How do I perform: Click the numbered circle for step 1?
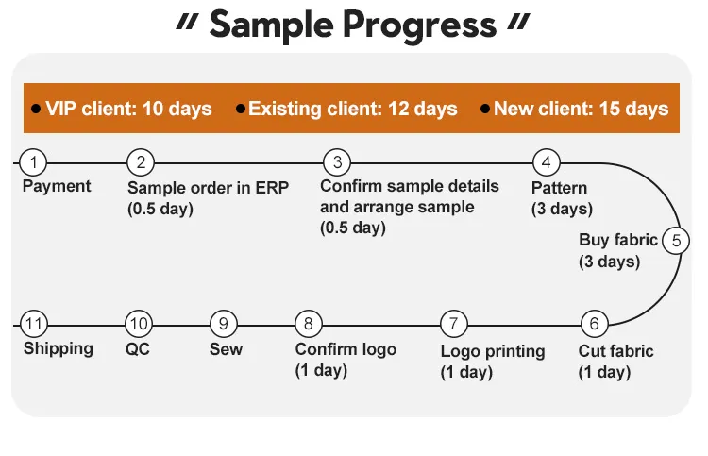[x=33, y=161]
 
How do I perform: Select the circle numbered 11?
[x=34, y=324]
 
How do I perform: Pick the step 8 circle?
[x=309, y=324]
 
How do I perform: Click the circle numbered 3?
[x=337, y=161]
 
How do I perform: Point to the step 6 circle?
[x=593, y=324]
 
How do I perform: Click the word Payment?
[x=57, y=186]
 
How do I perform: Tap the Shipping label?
[x=59, y=348]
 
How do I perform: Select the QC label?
[x=138, y=348]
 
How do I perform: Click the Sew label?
[x=226, y=349]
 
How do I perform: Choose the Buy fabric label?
[x=618, y=240]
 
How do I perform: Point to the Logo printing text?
[x=493, y=351]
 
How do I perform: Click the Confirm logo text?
[x=346, y=349]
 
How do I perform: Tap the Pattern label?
[x=559, y=187]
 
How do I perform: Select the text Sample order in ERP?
[x=208, y=187]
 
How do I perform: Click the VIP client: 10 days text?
[x=129, y=109]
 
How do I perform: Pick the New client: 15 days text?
[x=581, y=109]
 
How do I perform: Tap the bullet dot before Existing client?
[x=241, y=110]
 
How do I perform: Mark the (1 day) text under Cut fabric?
[x=604, y=372]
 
